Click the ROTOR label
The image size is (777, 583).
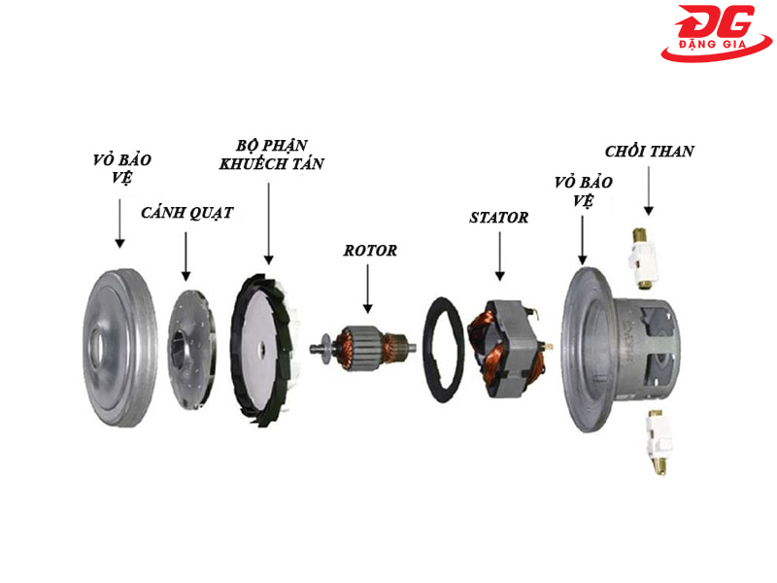point(370,250)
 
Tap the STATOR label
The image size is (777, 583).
point(498,218)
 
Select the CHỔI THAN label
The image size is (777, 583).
point(649,152)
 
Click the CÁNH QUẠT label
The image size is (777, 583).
point(186,213)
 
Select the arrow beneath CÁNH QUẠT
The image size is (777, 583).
point(186,254)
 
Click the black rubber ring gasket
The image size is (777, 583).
point(451,350)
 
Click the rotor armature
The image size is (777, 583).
point(365,345)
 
